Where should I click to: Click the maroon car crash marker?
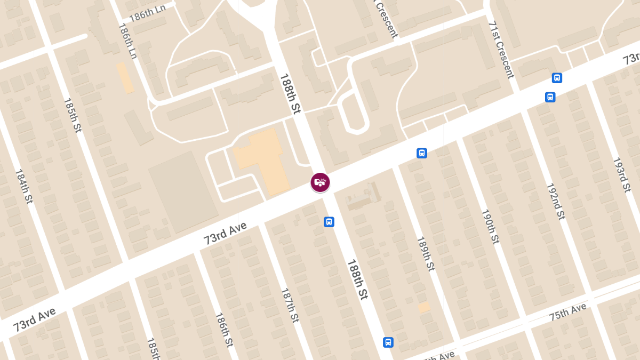(320, 182)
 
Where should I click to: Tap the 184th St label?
(23, 186)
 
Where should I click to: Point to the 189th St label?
(426, 254)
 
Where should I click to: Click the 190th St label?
(490, 226)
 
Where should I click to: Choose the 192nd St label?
(555, 202)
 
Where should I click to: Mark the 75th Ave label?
(568, 313)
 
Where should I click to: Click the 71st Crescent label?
(501, 50)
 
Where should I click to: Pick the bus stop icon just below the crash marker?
(329, 222)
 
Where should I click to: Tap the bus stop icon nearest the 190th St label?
(422, 154)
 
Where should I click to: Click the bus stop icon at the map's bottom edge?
(388, 342)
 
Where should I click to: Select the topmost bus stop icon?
(557, 78)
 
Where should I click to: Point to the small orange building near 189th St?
(424, 307)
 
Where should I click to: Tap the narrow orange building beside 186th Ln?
(125, 77)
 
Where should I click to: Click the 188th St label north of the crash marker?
(290, 93)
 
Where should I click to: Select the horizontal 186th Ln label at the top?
(148, 12)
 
